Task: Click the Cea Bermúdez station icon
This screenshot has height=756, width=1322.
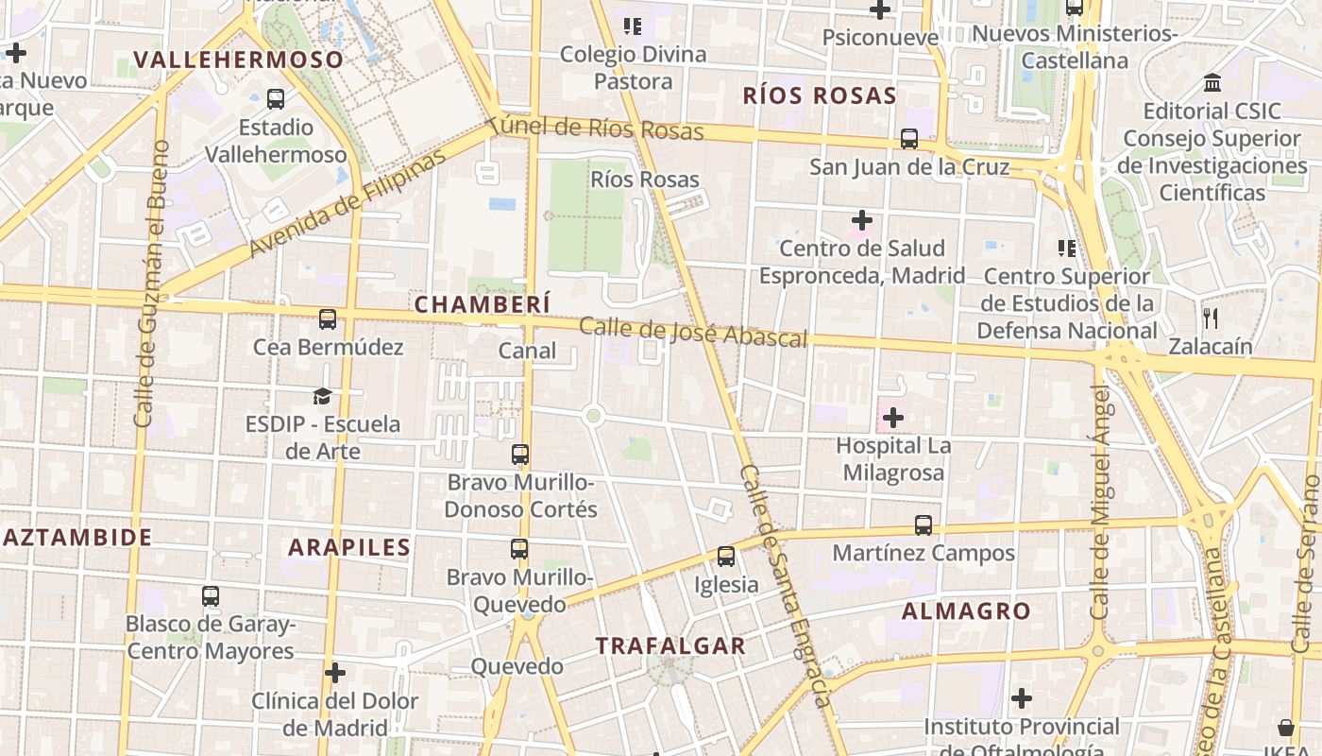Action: (328, 319)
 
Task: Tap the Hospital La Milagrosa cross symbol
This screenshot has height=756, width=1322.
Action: (892, 417)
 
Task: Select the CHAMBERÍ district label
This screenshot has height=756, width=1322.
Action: (482, 304)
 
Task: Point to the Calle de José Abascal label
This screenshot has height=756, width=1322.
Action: (693, 332)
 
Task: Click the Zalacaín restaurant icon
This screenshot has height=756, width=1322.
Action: (1212, 318)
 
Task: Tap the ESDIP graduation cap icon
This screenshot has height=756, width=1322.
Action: (323, 396)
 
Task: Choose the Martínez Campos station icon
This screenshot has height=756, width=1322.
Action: (924, 525)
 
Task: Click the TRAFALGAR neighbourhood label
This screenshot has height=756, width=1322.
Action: (670, 646)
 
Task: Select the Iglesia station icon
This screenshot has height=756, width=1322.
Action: (726, 557)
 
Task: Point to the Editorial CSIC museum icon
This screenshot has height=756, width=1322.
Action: (1212, 83)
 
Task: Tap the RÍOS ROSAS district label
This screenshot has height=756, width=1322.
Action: (820, 95)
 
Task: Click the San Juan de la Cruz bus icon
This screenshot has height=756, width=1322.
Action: (909, 139)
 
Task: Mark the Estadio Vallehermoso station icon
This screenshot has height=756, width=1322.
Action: (276, 98)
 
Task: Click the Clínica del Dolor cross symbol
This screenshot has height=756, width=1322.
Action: (334, 673)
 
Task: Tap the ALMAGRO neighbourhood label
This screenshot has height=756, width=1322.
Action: (966, 611)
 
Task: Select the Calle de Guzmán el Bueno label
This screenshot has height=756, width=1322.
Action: (151, 283)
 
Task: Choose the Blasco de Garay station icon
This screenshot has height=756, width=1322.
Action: (211, 596)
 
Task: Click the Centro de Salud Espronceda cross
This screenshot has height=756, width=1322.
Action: (861, 220)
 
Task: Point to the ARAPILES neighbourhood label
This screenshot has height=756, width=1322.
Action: (349, 547)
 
